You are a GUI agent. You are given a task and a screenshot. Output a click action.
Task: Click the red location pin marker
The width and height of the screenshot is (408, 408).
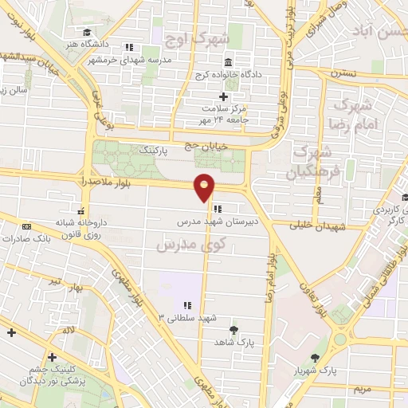pos(205,188)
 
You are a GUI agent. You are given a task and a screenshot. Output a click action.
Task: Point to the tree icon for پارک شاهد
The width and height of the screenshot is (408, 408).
pos(233,330)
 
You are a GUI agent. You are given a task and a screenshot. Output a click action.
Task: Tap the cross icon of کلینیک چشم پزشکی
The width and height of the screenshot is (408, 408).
pos(53,357)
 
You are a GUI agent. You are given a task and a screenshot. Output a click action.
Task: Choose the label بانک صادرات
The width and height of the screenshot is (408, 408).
pos(49,237)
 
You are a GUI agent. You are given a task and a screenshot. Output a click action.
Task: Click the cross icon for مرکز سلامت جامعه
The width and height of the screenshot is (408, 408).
pos(224,96)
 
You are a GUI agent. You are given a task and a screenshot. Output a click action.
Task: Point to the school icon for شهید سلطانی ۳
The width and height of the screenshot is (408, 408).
pos(188,304)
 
